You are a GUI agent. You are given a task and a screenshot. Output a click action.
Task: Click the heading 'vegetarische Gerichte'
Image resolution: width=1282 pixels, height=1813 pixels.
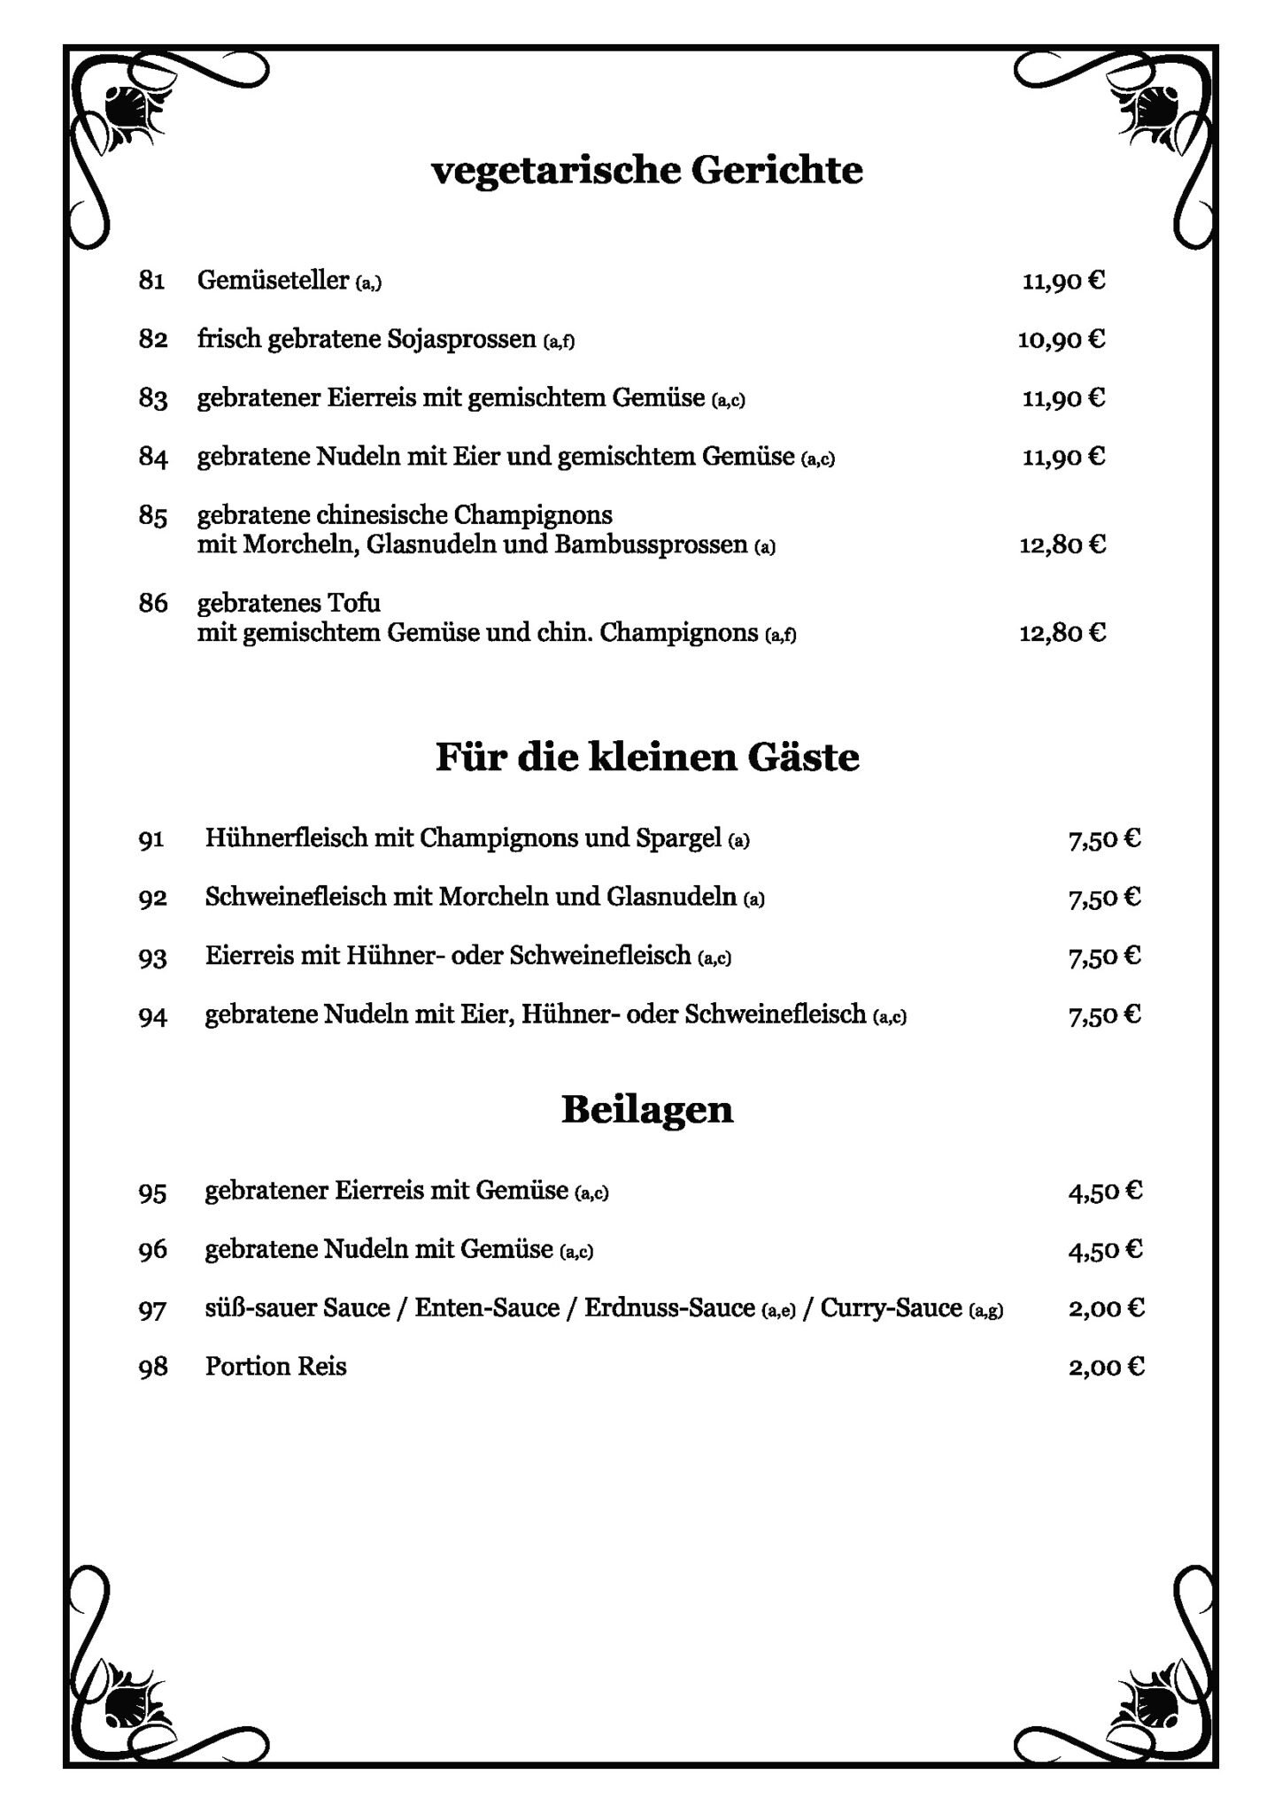click(x=646, y=171)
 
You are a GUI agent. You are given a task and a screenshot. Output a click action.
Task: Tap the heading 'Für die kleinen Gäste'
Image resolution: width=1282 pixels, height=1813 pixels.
click(x=647, y=759)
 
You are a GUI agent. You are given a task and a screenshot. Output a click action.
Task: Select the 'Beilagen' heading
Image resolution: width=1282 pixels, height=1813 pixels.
click(x=647, y=1109)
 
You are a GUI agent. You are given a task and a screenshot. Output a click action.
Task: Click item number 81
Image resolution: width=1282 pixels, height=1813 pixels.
click(x=151, y=282)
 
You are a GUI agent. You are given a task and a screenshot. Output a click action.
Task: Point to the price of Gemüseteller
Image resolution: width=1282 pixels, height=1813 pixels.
click(x=1063, y=282)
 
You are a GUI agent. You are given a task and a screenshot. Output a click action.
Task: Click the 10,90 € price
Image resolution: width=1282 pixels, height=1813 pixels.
click(x=1061, y=340)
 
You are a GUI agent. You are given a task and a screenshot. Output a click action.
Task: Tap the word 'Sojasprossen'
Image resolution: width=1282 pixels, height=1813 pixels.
click(x=461, y=340)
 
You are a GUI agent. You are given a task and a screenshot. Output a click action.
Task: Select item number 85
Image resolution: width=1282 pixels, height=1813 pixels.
click(x=152, y=516)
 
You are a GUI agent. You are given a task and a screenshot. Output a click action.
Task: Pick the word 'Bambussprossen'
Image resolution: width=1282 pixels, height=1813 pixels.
click(x=651, y=544)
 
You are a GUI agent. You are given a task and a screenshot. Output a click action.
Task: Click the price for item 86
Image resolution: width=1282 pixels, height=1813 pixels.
click(x=1062, y=633)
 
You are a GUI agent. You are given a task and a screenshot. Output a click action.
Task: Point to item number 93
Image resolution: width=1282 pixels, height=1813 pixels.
click(x=152, y=957)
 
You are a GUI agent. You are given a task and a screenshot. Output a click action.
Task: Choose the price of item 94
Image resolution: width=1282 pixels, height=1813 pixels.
click(x=1104, y=1015)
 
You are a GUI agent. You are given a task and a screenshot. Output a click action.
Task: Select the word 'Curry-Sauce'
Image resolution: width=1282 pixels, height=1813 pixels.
click(x=891, y=1308)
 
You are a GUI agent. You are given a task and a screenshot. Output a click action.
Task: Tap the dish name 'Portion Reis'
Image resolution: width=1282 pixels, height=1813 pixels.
click(x=275, y=1367)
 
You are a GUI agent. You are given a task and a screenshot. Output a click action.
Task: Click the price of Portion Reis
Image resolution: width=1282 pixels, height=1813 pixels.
click(x=1106, y=1367)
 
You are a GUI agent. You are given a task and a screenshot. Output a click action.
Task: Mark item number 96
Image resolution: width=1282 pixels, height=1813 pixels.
click(x=152, y=1250)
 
